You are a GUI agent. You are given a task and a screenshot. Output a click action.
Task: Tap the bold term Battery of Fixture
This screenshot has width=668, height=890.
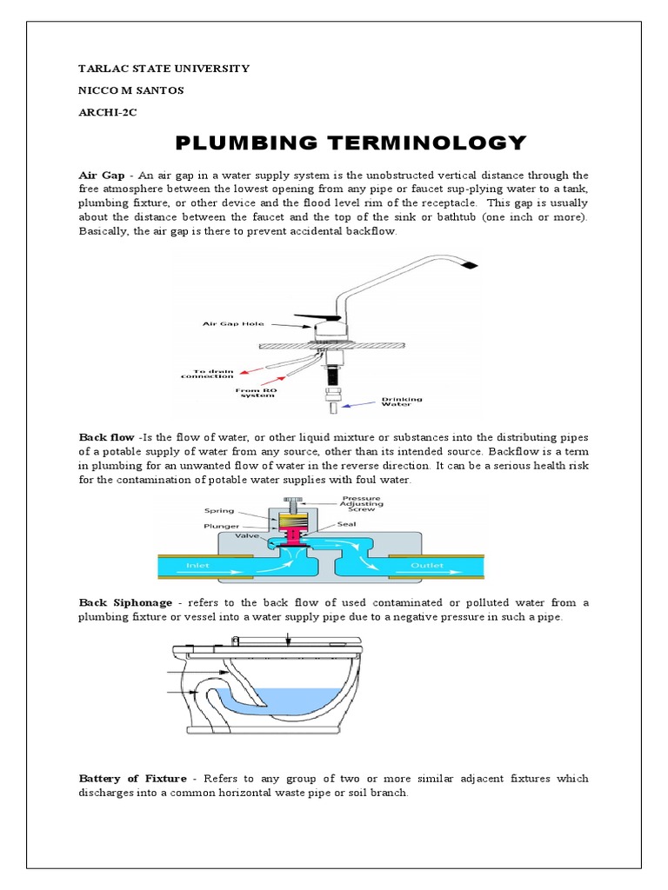[x=135, y=778]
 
